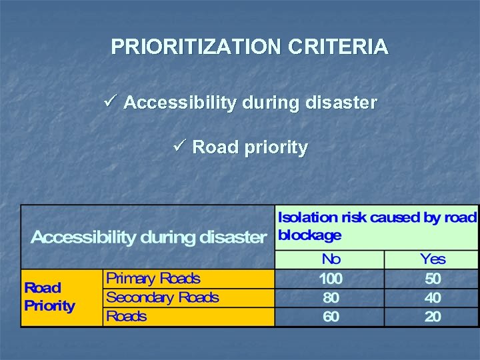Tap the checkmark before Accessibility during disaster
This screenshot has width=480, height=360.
click(111, 102)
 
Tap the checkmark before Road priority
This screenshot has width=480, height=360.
click(179, 146)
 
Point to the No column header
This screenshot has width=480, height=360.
click(331, 259)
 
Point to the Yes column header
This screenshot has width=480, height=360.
click(433, 259)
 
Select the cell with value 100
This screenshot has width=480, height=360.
click(331, 278)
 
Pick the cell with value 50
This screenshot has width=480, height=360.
click(433, 278)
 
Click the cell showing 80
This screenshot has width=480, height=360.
click(331, 297)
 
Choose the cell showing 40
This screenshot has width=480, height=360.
click(433, 297)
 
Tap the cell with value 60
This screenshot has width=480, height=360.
click(331, 316)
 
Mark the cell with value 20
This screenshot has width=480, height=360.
click(433, 316)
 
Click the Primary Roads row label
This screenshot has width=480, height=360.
click(153, 278)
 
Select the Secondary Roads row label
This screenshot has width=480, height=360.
click(162, 297)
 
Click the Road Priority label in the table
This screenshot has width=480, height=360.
click(49, 297)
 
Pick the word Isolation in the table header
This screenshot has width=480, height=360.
click(309, 217)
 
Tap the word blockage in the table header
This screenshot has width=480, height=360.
click(309, 235)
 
